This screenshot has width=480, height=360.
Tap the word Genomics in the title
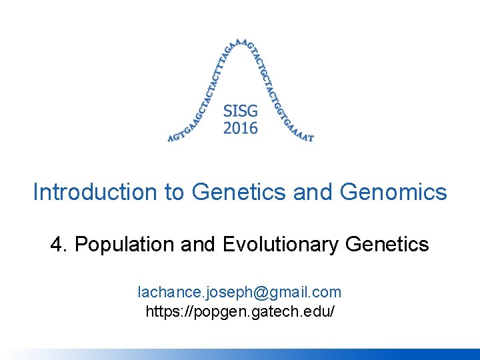[x=393, y=193]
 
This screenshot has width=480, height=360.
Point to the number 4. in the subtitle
[x=59, y=245]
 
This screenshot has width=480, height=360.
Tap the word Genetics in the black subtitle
[x=387, y=245]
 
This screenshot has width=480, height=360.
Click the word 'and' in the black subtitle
[x=199, y=245]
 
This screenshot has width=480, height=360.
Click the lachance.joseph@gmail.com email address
[x=239, y=292]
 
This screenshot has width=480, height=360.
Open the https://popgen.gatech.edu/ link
[x=239, y=311]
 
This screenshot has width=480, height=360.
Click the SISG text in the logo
[x=240, y=111]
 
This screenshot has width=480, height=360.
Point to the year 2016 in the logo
[x=240, y=127]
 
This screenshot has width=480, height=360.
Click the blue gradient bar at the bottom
[x=240, y=354]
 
